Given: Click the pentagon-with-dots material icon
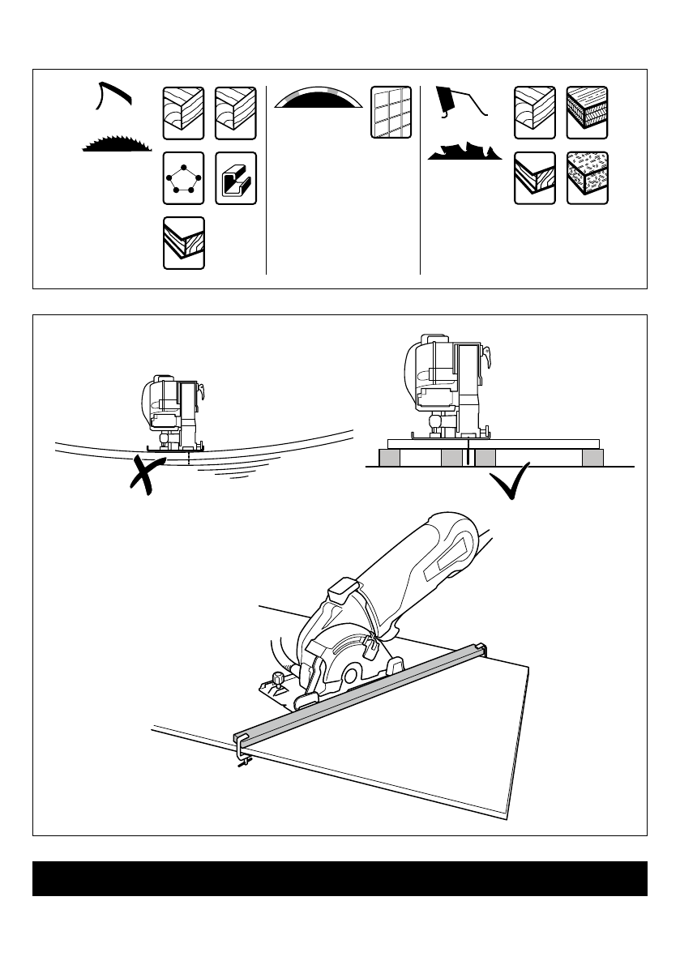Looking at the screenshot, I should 184,178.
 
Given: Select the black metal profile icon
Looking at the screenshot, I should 236,178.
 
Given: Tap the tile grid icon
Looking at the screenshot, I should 391,112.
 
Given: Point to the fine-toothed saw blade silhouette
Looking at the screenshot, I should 118,144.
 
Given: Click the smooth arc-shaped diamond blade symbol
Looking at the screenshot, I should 317,100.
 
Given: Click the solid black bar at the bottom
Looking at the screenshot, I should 340,878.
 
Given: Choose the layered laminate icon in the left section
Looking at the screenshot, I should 184,243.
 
